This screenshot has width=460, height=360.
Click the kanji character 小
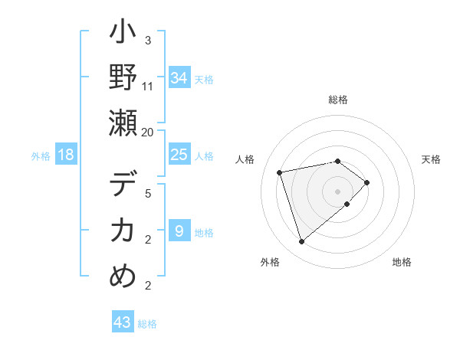[123, 34]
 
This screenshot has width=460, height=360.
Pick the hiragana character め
[123, 276]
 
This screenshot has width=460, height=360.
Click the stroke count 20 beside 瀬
[147, 132]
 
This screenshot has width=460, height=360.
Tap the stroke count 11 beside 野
[148, 86]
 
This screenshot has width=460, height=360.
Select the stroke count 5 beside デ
[148, 194]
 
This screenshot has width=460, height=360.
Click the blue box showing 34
[179, 78]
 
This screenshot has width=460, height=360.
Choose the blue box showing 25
[179, 155]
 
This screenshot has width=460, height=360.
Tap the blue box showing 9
[179, 231]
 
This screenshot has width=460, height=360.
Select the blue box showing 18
[66, 155]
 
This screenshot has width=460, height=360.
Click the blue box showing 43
[123, 322]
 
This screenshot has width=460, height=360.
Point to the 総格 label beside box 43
[147, 324]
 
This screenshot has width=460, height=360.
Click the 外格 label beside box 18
[41, 156]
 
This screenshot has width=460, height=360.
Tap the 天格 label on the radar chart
[432, 159]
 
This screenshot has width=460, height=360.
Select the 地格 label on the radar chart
[402, 262]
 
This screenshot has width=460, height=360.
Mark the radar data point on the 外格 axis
[301, 242]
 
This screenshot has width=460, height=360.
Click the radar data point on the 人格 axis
[280, 172]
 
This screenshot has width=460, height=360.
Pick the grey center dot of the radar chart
[337, 191]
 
